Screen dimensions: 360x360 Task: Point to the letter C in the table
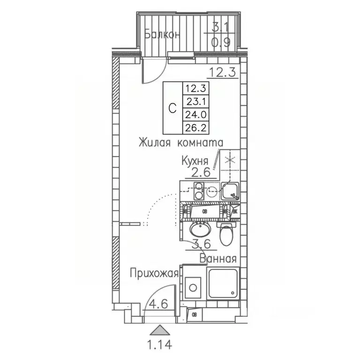(172, 107)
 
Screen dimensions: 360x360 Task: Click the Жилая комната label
(180, 142)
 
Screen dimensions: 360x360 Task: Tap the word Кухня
(195, 161)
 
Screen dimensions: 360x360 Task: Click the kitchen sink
(230, 190)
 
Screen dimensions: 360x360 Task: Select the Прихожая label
(154, 273)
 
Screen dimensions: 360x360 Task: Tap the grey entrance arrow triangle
(160, 330)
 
